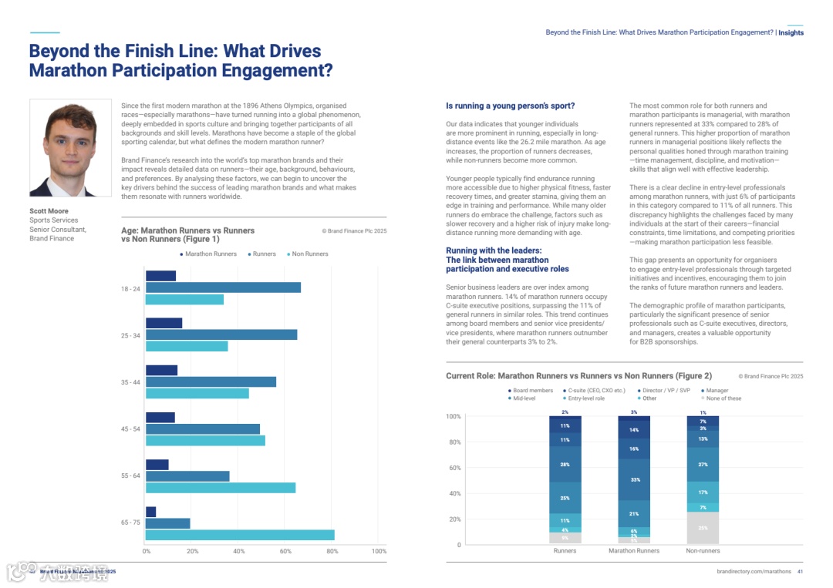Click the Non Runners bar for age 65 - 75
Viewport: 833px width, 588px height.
pos(240,535)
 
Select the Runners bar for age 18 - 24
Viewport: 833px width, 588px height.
pos(223,287)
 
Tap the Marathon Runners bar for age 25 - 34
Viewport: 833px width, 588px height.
pos(164,323)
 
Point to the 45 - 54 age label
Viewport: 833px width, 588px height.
pos(130,429)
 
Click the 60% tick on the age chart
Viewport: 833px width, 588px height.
pos(285,552)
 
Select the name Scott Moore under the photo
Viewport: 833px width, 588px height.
pos(49,211)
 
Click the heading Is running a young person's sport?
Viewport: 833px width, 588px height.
pos(511,106)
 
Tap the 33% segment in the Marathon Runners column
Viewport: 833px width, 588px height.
pos(634,479)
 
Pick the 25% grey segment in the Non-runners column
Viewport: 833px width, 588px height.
pos(703,528)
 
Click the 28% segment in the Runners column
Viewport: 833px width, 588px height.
pos(565,464)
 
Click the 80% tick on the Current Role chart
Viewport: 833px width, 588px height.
pos(454,442)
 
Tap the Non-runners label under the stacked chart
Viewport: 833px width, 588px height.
pos(703,551)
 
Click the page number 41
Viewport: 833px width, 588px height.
pos(800,572)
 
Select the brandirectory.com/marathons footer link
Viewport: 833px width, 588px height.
pos(754,572)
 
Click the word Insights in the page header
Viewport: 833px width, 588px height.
pos(791,33)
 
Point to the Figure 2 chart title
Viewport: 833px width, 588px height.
pos(578,376)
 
